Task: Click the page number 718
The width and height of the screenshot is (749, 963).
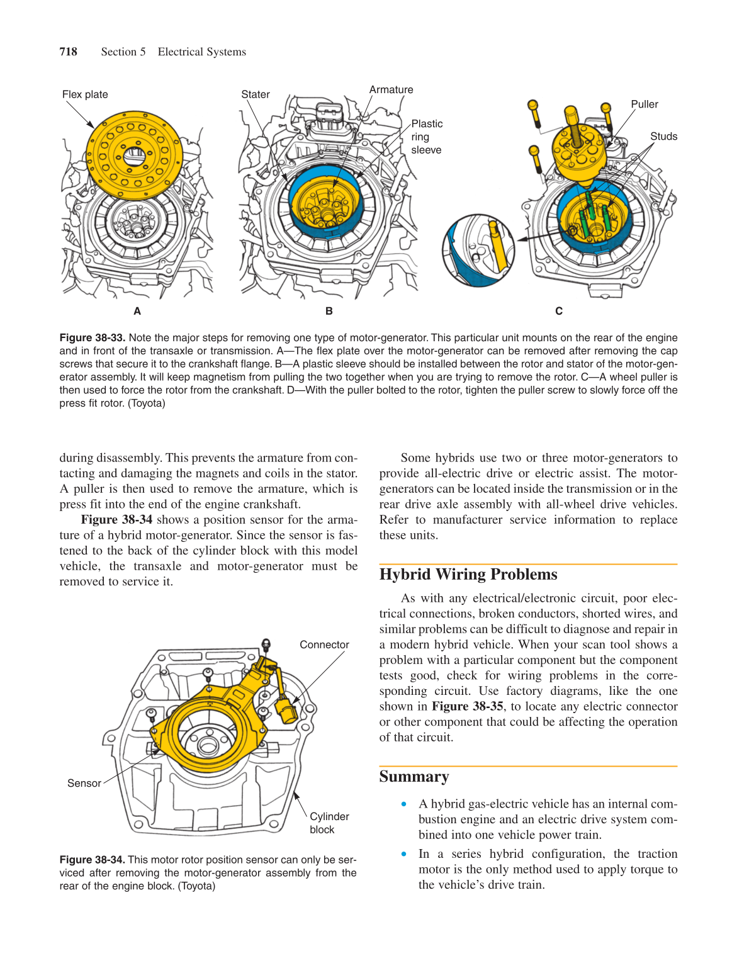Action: click(68, 52)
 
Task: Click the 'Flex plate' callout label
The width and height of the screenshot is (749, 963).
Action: click(85, 94)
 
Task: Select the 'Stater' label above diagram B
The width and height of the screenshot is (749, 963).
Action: click(256, 94)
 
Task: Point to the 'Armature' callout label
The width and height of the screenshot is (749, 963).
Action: click(391, 90)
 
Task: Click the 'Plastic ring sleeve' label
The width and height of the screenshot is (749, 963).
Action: click(426, 137)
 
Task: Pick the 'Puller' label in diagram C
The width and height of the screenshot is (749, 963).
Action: click(644, 104)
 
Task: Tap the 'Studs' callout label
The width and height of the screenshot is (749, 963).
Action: click(663, 137)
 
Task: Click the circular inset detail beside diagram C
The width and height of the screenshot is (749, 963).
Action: click(478, 250)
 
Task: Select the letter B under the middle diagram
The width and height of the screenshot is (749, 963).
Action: click(329, 311)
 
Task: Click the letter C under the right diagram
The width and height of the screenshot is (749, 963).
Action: click(558, 311)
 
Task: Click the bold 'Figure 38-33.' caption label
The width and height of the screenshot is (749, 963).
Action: click(93, 338)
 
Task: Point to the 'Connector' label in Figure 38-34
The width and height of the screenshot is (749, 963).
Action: click(324, 645)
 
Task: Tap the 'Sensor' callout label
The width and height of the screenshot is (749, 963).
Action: click(84, 784)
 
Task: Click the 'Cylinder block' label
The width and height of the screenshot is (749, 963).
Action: click(329, 823)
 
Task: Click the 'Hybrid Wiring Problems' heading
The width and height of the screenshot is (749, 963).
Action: click(468, 575)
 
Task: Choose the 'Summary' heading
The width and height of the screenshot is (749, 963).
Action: click(414, 777)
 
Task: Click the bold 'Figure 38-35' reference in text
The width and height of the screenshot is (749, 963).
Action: click(467, 707)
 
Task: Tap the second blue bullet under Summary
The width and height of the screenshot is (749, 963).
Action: click(404, 854)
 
